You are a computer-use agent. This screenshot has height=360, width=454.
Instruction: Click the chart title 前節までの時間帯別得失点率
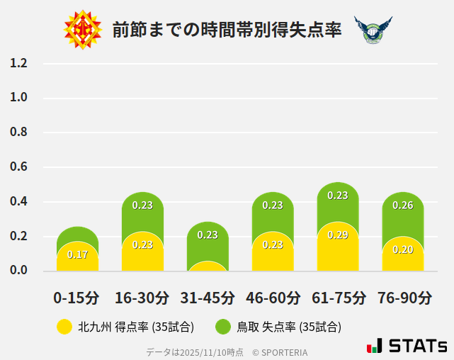pos(227,30)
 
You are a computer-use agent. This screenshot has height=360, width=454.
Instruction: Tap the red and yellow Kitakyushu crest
pos(83,30)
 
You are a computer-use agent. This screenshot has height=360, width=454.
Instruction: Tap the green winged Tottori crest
pos(373,30)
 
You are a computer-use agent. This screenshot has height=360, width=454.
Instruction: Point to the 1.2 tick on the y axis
pos(18,63)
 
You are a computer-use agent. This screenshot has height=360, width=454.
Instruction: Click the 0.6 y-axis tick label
pos(18,167)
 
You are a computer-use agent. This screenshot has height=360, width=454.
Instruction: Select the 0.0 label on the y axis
pos(18,270)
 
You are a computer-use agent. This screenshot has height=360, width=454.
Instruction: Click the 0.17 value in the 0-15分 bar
pos(77,254)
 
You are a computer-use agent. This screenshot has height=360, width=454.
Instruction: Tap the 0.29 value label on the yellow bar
pos(338,235)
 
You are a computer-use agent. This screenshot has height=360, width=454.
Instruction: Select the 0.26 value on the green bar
pos(403,206)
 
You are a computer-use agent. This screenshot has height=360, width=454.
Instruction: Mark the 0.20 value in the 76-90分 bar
pos(403,249)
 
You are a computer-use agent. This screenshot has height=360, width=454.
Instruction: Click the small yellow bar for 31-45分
pos(208,266)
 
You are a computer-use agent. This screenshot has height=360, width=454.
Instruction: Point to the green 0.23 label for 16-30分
pos(142,206)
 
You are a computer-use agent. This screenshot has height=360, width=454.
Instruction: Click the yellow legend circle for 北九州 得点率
pos(64,327)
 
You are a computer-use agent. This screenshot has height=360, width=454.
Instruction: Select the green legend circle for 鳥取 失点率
pos(224,327)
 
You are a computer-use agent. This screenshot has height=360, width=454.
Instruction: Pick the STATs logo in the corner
pos(407,346)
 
